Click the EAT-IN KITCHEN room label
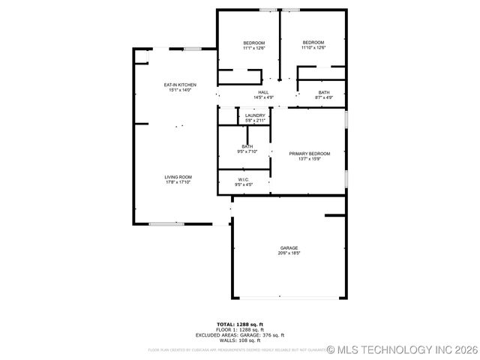180,85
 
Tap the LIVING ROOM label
178,177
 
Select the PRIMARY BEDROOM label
310,153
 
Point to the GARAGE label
289,248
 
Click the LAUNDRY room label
255,115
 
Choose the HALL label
263,92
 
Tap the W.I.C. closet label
244,179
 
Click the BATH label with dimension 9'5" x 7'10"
247,146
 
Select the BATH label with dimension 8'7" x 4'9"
324,92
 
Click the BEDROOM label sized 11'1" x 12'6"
254,43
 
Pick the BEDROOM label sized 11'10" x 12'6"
313,42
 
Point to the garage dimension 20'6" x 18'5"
289,253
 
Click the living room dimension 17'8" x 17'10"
178,182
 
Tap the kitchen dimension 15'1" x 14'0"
180,90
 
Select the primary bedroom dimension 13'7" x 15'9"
310,158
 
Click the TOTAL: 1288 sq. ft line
240,324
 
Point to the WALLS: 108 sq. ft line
240,340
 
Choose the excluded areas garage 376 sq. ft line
240,335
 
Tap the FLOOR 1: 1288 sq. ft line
240,330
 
